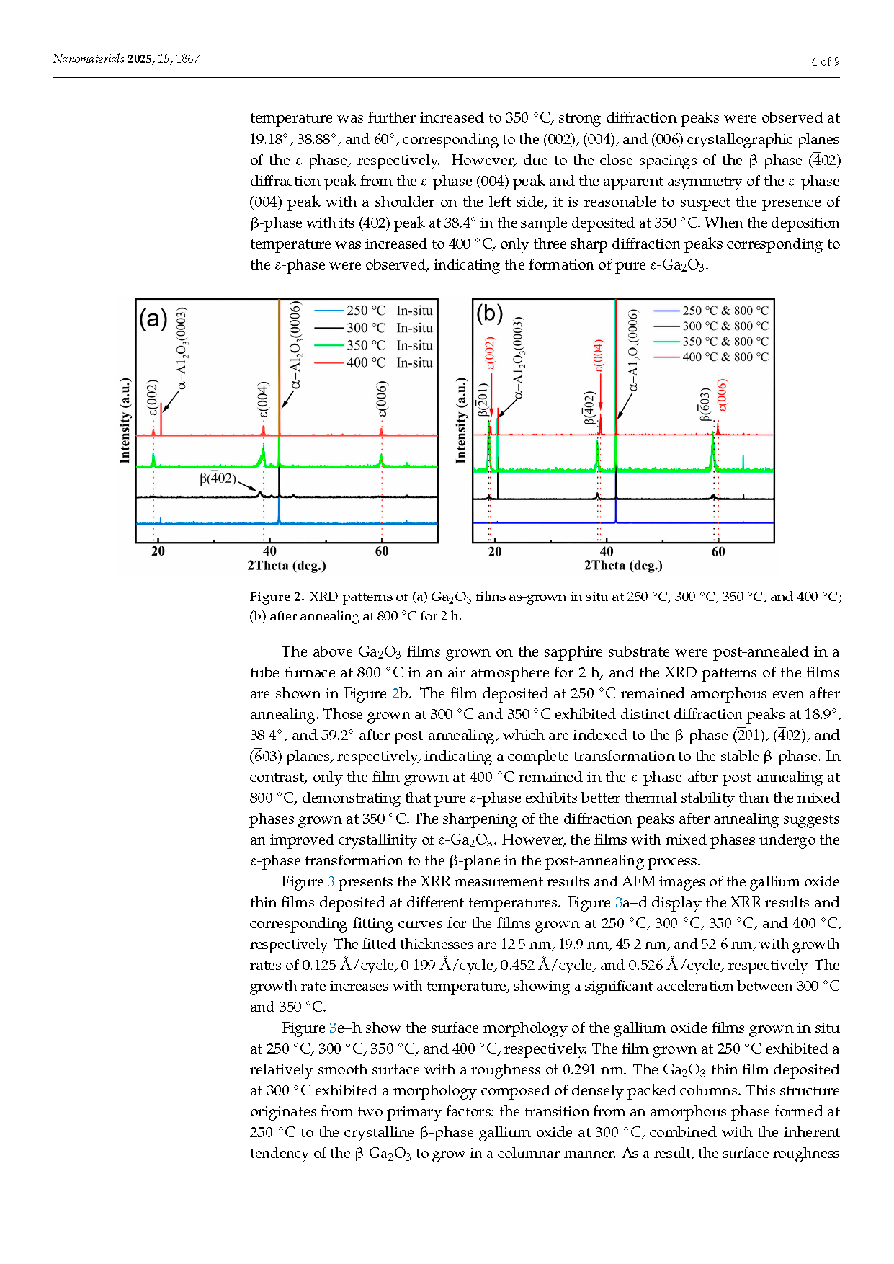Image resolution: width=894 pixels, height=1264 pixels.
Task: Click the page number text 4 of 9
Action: tap(825, 62)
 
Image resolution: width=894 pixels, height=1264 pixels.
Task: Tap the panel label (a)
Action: tap(153, 318)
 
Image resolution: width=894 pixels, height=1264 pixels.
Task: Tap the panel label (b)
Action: tap(489, 313)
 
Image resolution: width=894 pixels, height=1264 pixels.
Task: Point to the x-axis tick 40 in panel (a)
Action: tap(269, 551)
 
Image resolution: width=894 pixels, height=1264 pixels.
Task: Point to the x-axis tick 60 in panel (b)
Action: tap(718, 551)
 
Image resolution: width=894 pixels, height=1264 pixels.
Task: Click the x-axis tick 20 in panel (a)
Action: tap(158, 551)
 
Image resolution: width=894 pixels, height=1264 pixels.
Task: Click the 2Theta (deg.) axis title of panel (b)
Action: tap(623, 566)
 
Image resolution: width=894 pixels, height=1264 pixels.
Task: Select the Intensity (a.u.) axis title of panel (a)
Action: tap(125, 419)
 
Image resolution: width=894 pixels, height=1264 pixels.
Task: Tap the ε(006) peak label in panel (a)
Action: tap(382, 399)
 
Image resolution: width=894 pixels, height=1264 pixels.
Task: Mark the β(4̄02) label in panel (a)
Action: tap(218, 478)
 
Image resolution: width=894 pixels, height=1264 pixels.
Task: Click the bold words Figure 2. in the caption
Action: tap(277, 597)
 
